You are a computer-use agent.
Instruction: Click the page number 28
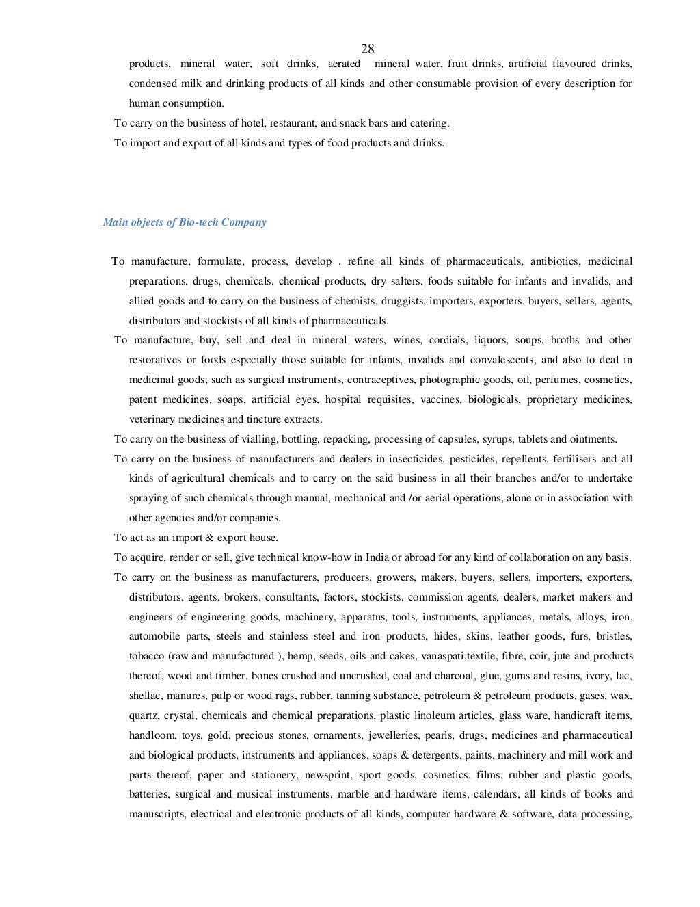click(367, 49)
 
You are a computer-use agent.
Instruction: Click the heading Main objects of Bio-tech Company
click(185, 222)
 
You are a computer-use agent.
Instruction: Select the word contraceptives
click(380, 380)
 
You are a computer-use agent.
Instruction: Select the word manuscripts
click(157, 815)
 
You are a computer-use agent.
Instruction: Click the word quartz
click(143, 715)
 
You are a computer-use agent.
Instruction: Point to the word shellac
click(146, 696)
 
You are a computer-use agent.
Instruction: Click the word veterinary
click(151, 419)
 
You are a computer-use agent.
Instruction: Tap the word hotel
click(253, 124)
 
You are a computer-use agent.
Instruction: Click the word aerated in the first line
click(344, 64)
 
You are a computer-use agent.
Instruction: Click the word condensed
click(152, 83)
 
